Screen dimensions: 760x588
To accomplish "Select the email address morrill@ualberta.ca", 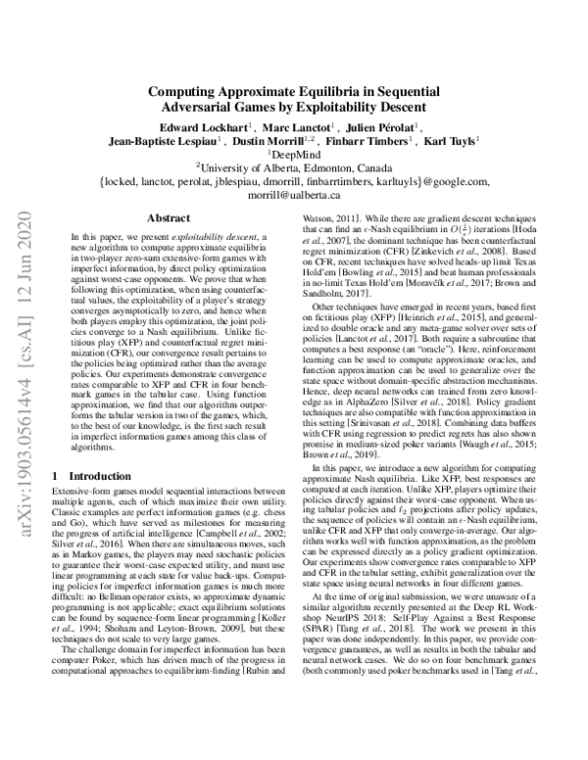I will (x=293, y=195).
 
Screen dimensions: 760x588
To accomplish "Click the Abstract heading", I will (x=162, y=219).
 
